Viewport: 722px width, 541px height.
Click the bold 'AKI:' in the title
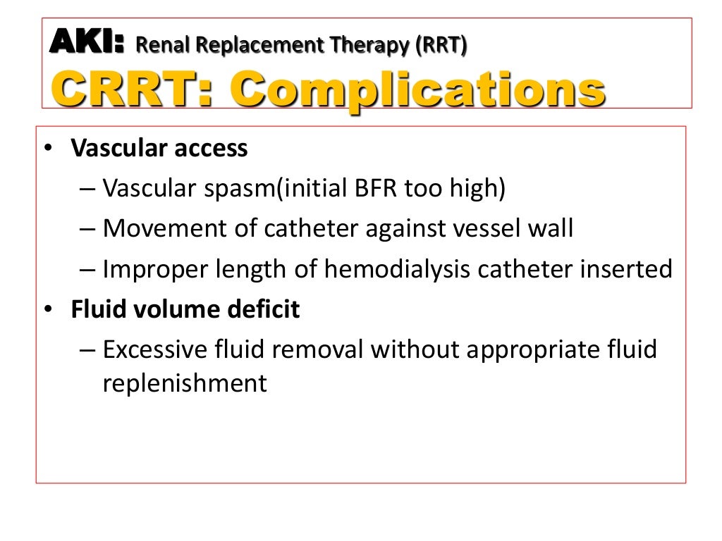pos(86,43)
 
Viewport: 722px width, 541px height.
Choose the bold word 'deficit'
pos(269,309)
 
